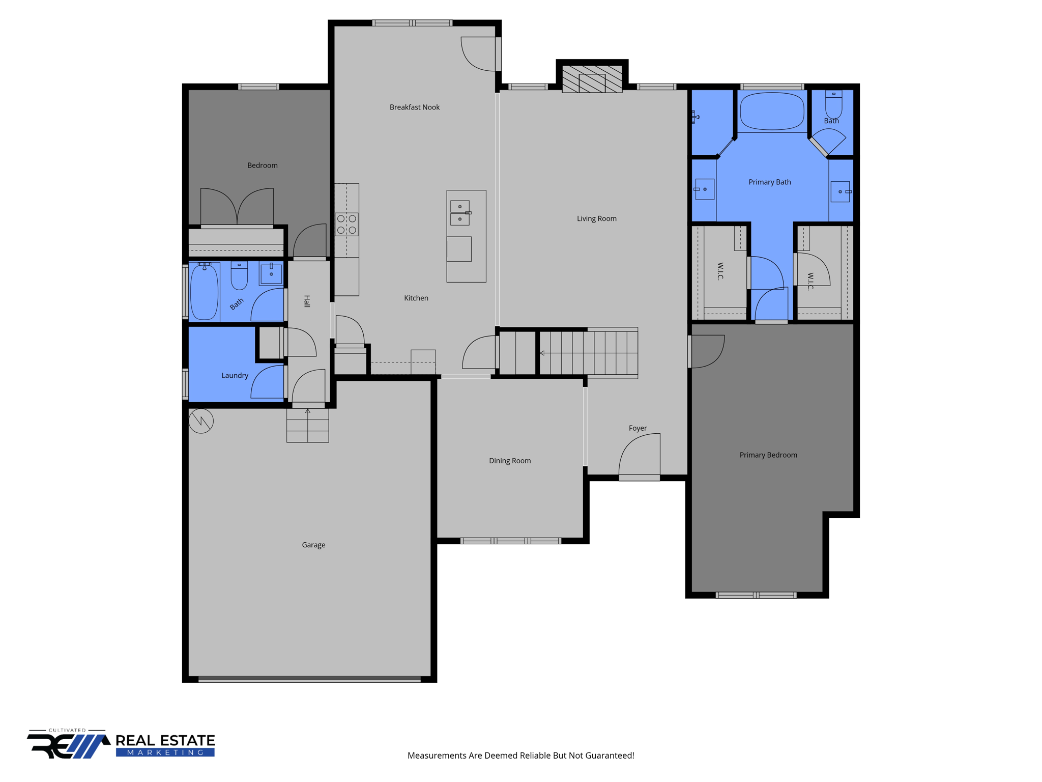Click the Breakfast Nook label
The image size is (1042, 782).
click(x=414, y=107)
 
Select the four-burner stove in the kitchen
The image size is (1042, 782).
click(x=346, y=224)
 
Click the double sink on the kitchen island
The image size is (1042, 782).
click(x=460, y=212)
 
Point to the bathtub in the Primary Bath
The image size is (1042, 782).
click(x=772, y=111)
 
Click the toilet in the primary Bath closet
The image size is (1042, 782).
click(x=833, y=104)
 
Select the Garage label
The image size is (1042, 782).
click(x=313, y=545)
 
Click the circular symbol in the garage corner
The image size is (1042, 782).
click(x=201, y=421)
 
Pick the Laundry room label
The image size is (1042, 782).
click(x=235, y=375)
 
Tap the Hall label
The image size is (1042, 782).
click(x=307, y=301)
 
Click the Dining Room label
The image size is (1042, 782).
click(x=509, y=460)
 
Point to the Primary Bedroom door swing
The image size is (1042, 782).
click(x=707, y=351)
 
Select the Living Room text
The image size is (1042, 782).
click(x=596, y=218)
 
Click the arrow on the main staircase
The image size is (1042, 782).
click(x=542, y=353)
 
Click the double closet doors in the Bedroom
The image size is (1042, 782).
click(x=237, y=207)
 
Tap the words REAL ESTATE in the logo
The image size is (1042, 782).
click(x=165, y=740)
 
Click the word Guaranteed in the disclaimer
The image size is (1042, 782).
click(x=609, y=756)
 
